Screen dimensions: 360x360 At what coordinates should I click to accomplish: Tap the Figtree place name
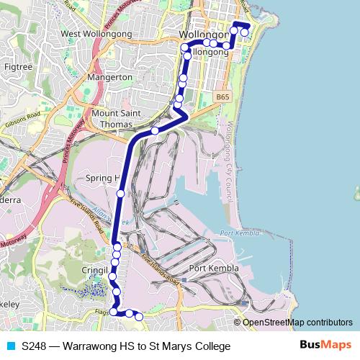[x=18, y=66]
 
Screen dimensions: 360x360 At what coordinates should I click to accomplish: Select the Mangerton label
[x=109, y=77]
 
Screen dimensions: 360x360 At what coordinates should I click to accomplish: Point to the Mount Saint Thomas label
[x=115, y=118]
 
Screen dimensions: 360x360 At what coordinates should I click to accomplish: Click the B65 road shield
[x=222, y=95]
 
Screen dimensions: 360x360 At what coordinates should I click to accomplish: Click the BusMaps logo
[x=325, y=346]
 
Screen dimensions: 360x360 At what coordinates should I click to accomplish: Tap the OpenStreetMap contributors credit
[x=297, y=323]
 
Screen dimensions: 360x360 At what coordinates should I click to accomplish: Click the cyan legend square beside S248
[x=9, y=346]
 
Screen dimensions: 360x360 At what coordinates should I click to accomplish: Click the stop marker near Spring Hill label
[x=120, y=193]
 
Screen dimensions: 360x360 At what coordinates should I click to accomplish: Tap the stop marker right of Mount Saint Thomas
[x=155, y=131]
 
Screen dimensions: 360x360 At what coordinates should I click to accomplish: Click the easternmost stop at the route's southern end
[x=139, y=316]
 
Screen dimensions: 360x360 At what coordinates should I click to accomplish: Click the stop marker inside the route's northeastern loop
[x=244, y=32]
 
